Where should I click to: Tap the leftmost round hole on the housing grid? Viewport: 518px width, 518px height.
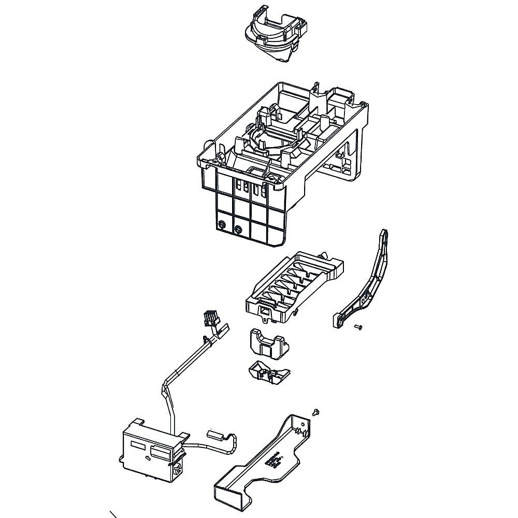(x=221, y=225)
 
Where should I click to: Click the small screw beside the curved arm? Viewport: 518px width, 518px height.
(x=358, y=326)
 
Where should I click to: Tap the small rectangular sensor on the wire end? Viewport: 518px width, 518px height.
(x=217, y=435)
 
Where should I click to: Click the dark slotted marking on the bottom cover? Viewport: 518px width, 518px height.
(x=274, y=459)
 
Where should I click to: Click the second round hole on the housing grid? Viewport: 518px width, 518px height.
(x=238, y=228)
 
